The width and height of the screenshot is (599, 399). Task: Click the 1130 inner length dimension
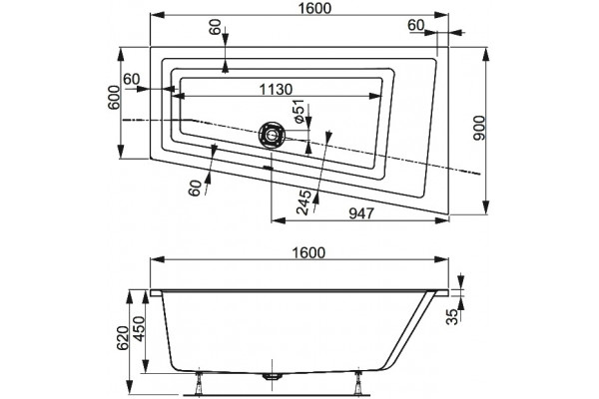click(276, 90)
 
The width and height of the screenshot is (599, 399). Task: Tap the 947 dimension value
click(361, 213)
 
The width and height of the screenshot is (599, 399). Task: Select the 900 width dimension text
click(478, 128)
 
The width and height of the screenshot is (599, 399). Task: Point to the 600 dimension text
click(114, 98)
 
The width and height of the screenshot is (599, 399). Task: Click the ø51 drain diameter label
click(299, 111)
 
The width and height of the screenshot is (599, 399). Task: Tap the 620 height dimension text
click(122, 338)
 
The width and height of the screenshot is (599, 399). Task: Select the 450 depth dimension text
click(139, 329)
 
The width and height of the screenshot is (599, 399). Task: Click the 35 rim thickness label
click(452, 316)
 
